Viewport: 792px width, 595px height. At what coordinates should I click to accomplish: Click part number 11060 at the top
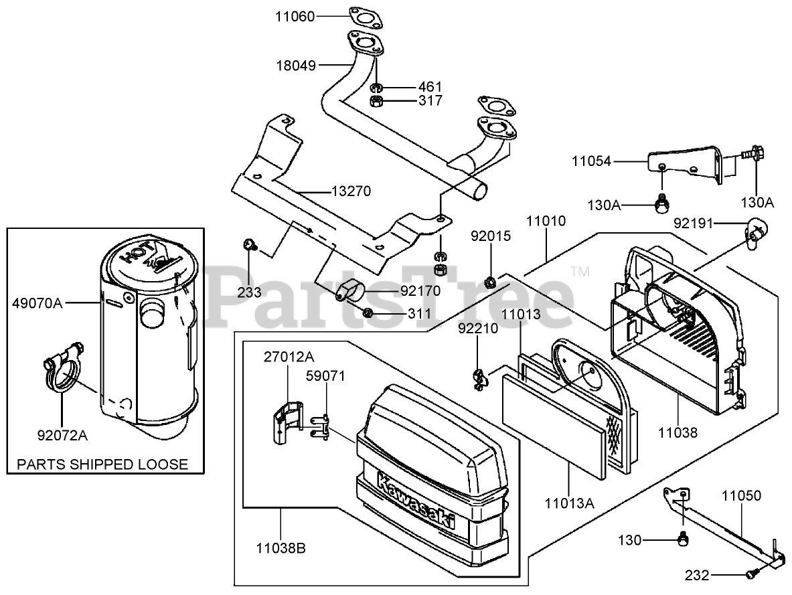pyautogui.click(x=295, y=17)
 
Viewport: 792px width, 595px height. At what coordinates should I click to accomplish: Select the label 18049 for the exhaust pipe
pyautogui.click(x=296, y=66)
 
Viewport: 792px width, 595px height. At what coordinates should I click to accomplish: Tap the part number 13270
pyautogui.click(x=351, y=191)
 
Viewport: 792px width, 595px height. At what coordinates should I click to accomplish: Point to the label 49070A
pyautogui.click(x=37, y=303)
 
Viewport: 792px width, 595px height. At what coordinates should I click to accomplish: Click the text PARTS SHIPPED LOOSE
pyautogui.click(x=102, y=464)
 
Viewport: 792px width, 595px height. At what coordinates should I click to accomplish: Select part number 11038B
pyautogui.click(x=281, y=548)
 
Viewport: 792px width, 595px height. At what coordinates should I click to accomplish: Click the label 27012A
pyautogui.click(x=289, y=357)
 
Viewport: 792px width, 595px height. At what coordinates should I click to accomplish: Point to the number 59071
pyautogui.click(x=326, y=376)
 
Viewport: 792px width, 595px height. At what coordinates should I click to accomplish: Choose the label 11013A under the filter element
pyautogui.click(x=569, y=503)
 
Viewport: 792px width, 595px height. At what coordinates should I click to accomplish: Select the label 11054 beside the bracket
pyautogui.click(x=591, y=161)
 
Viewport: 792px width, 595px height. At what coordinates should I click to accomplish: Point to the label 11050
pyautogui.click(x=741, y=495)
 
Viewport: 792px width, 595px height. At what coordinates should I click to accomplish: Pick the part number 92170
pyautogui.click(x=420, y=291)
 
